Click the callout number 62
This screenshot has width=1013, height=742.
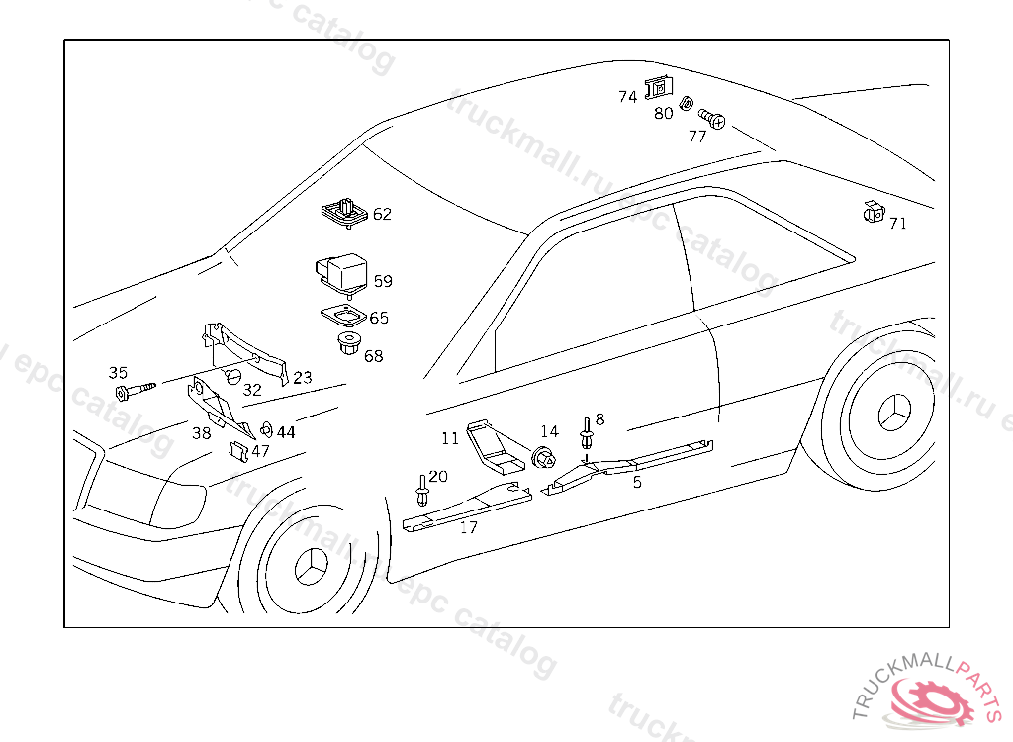[x=382, y=214]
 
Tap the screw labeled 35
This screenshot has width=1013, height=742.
[x=137, y=391]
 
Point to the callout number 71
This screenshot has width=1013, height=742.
[x=897, y=224]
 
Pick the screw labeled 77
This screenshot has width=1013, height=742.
[x=713, y=120]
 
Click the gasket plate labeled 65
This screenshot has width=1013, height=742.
[x=343, y=316]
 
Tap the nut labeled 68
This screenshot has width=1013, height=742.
[x=347, y=346]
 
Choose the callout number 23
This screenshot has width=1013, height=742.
[x=302, y=377]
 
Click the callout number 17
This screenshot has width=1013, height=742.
[x=468, y=527]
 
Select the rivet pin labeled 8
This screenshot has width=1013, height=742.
[x=588, y=434]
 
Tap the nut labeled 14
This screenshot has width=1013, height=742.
[x=544, y=458]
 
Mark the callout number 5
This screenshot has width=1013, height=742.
[x=637, y=482]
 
